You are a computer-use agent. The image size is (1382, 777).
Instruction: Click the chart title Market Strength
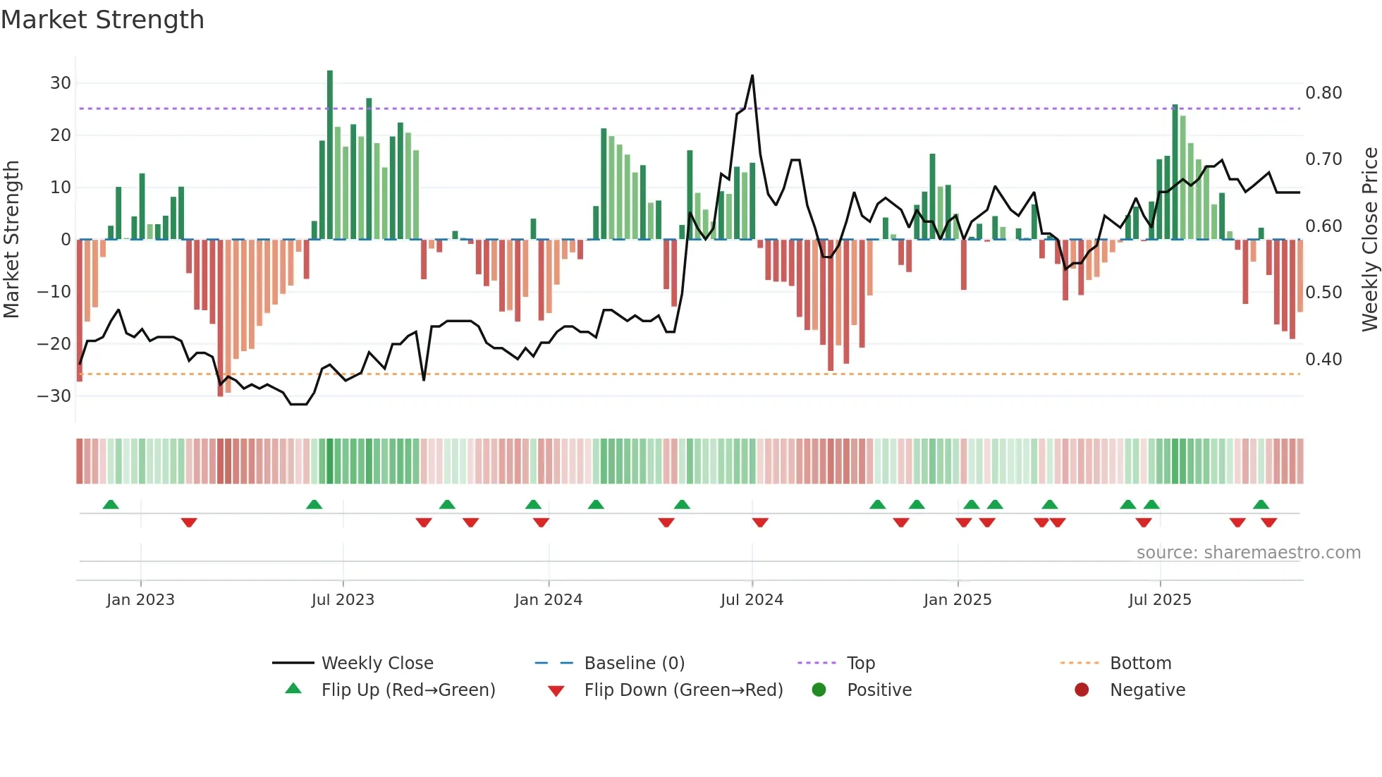pyautogui.click(x=103, y=20)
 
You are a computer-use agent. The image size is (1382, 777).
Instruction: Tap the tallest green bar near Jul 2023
pyautogui.click(x=330, y=155)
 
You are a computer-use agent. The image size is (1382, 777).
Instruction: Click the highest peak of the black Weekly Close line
pyautogui.click(x=752, y=76)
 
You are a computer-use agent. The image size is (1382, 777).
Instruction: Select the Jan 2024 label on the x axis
pyautogui.click(x=548, y=599)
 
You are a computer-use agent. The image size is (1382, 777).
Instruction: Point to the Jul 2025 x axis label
pyautogui.click(x=1159, y=599)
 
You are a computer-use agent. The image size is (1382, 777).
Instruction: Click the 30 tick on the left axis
pyautogui.click(x=61, y=83)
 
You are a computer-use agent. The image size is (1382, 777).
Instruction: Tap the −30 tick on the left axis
pyautogui.click(x=55, y=396)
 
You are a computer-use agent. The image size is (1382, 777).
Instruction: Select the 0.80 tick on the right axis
pyautogui.click(x=1323, y=93)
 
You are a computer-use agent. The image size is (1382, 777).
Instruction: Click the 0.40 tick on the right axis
pyautogui.click(x=1323, y=360)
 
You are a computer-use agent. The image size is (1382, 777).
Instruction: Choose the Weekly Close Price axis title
pyautogui.click(x=1369, y=240)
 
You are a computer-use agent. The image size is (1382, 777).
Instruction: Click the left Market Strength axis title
pyautogui.click(x=11, y=240)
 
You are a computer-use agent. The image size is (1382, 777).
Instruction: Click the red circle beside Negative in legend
pyautogui.click(x=1082, y=690)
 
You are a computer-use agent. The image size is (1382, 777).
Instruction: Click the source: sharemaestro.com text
pyautogui.click(x=1248, y=553)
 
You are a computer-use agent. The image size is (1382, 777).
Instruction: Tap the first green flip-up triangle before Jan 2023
pyautogui.click(x=111, y=504)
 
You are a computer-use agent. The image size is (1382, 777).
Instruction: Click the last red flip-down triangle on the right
pyautogui.click(x=1268, y=522)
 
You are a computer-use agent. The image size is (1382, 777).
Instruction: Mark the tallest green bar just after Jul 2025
pyautogui.click(x=1175, y=173)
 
